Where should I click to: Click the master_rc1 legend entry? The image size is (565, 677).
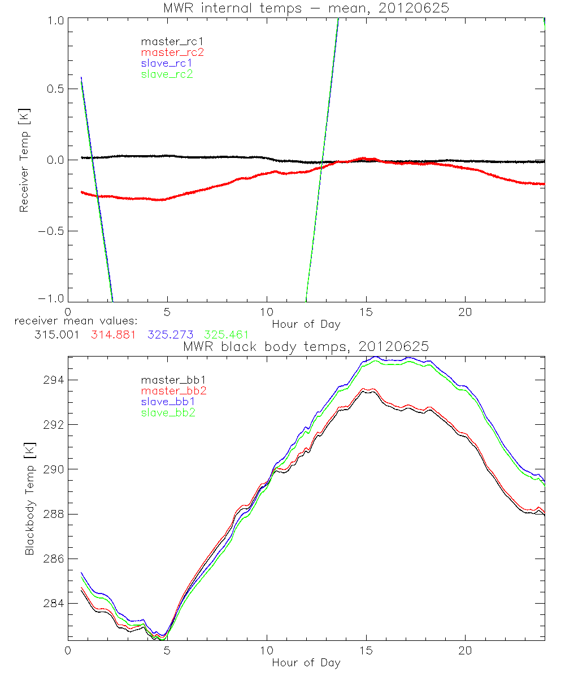(x=167, y=42)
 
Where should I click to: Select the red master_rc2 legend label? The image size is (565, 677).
(x=167, y=52)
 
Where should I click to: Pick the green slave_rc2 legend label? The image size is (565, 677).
(x=167, y=74)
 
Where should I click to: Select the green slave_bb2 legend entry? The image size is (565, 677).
(x=167, y=413)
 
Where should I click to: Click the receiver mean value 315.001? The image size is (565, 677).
(x=56, y=334)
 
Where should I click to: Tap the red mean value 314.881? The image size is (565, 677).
(x=113, y=334)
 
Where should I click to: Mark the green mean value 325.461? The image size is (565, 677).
(x=226, y=334)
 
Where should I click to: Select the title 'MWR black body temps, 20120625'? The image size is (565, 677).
(x=306, y=346)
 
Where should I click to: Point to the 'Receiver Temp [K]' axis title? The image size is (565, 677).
(x=24, y=160)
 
